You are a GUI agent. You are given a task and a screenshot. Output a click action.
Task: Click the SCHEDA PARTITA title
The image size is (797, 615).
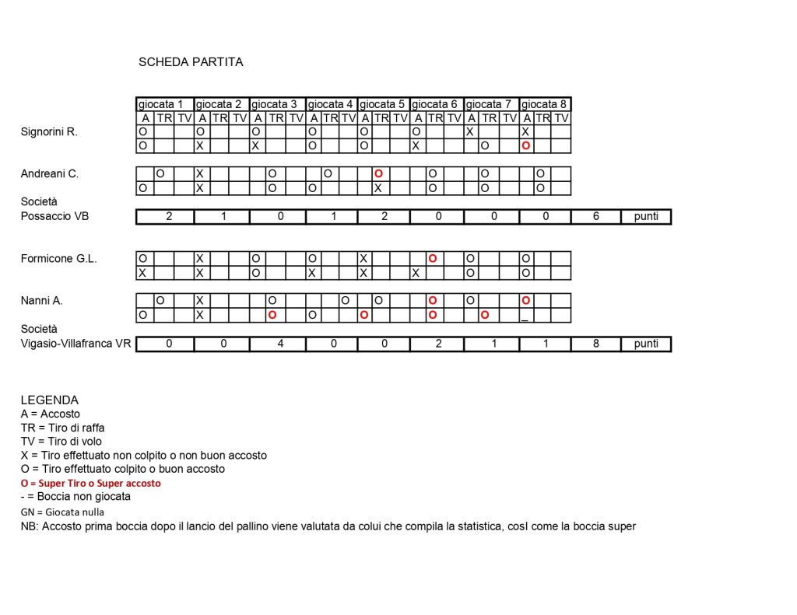pyautogui.click(x=191, y=62)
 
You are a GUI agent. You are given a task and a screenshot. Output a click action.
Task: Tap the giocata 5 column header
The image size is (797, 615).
pyautogui.click(x=384, y=104)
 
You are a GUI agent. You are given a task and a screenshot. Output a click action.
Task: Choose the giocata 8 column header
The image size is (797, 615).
pyautogui.click(x=545, y=104)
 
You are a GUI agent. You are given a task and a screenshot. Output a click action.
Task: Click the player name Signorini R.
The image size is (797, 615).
pyautogui.click(x=49, y=132)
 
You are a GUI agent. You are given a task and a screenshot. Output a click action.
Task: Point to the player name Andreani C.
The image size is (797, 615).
pyautogui.click(x=50, y=174)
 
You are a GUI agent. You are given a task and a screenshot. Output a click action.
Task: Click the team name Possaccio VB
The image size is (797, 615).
pyautogui.click(x=54, y=216)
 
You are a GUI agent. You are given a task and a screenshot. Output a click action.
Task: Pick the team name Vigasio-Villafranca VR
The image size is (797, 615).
pyautogui.click(x=75, y=344)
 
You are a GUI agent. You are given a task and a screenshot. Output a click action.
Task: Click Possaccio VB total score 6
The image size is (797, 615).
pyautogui.click(x=595, y=216)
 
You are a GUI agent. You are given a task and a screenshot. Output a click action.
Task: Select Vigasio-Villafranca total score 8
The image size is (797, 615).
pyautogui.click(x=595, y=344)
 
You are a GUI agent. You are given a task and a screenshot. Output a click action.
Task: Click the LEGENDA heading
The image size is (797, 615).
pyautogui.click(x=50, y=400)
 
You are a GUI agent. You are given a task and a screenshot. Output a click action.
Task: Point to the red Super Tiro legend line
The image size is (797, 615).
pyautogui.click(x=91, y=483)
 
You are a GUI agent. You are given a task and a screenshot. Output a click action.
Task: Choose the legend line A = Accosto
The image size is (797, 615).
pyautogui.click(x=51, y=414)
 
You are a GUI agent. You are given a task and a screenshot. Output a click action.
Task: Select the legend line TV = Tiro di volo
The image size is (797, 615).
pyautogui.click(x=61, y=442)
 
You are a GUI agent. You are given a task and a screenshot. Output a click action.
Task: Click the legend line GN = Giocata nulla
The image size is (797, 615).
pyautogui.click(x=62, y=512)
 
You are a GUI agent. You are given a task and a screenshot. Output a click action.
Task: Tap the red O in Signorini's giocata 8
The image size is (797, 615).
pyautogui.click(x=526, y=145)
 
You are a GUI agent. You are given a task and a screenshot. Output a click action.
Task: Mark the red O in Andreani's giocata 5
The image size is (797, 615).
pyautogui.click(x=377, y=173)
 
